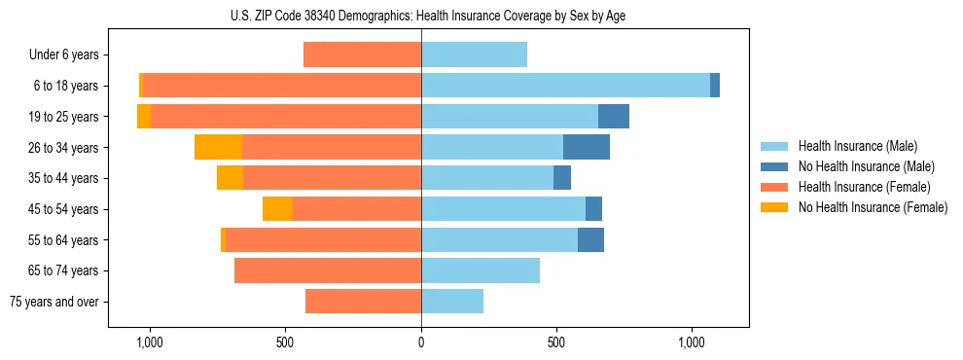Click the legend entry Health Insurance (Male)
click(857, 146)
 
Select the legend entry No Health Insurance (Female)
click(873, 207)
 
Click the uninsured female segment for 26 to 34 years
click(218, 147)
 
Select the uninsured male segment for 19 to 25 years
click(614, 117)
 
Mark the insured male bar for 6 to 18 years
click(565, 86)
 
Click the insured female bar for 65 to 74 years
click(328, 270)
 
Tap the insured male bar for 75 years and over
click(452, 302)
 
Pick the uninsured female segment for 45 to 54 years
click(277, 209)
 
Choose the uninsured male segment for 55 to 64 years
click(590, 239)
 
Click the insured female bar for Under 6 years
click(362, 54)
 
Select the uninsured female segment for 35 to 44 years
click(230, 178)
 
